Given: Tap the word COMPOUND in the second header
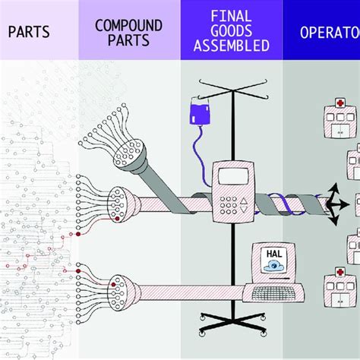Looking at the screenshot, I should pos(128,26).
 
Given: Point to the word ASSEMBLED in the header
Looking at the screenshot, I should pos(232,46).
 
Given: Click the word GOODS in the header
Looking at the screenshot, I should pos(232,30).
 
